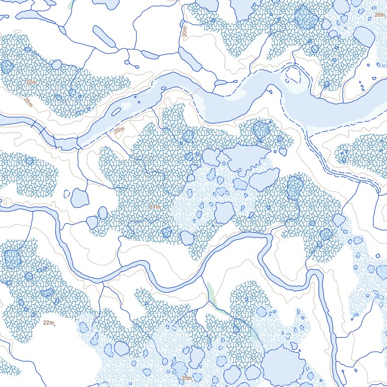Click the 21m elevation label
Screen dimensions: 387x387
pos(154,207)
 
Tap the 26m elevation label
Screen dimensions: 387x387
pos(379,15)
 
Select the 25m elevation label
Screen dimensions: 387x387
pos(186,378)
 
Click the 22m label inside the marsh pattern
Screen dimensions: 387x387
pos(31,82)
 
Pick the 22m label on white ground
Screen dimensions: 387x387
pos(48,322)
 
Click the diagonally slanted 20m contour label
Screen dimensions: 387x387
pos(28,102)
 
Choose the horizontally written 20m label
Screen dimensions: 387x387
pos(119,131)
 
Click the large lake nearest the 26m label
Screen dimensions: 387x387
pos(364,36)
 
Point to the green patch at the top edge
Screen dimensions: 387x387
pos(70,4)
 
